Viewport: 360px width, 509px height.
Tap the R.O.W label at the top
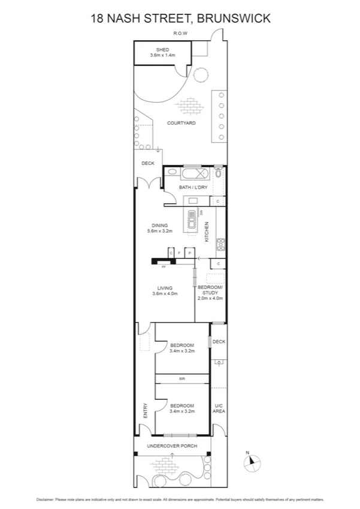[180, 33]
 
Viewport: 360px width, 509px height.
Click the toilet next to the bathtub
[219, 173]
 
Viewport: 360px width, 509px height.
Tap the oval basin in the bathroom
[172, 173]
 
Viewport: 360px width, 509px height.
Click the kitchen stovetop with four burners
[220, 244]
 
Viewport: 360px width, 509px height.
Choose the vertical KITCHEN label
[207, 231]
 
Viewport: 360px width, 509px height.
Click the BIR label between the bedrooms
[181, 379]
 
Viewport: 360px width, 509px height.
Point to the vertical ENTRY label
[145, 411]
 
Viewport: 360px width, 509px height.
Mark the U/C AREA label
[219, 409]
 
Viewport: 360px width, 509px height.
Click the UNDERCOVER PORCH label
[173, 446]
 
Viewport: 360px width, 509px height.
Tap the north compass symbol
[252, 462]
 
